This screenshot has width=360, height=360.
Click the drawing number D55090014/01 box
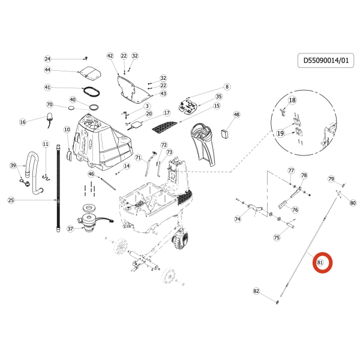pyautogui.click(x=326, y=61)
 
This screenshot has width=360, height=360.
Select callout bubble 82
pyautogui.click(x=257, y=291)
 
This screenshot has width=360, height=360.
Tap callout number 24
pyautogui.click(x=48, y=59)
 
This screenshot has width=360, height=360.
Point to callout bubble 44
pyautogui.click(x=47, y=70)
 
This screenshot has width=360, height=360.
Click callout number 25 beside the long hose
pyautogui.click(x=11, y=200)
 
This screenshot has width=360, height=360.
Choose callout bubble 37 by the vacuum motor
pyautogui.click(x=70, y=229)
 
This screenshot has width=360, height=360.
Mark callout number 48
pyautogui.click(x=236, y=115)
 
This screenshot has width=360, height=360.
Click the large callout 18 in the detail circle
pyautogui.click(x=292, y=100)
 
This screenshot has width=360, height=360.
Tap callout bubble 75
pyautogui.click(x=277, y=238)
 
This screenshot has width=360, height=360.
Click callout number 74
pyautogui.click(x=237, y=220)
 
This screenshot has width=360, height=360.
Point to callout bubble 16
pyautogui.click(x=23, y=122)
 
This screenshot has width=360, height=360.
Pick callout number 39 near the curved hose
pyautogui.click(x=13, y=165)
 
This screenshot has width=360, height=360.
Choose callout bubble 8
pyautogui.click(x=227, y=86)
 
